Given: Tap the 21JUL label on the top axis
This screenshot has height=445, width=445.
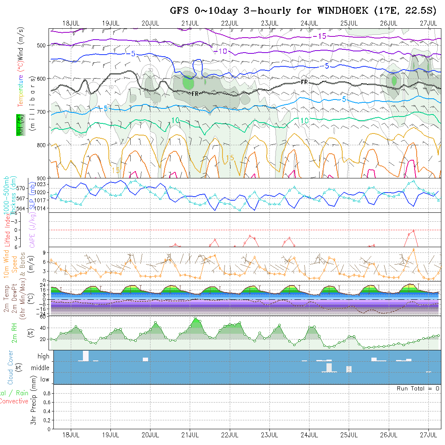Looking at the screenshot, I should (190, 23).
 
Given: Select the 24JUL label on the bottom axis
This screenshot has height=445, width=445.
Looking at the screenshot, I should (309, 435).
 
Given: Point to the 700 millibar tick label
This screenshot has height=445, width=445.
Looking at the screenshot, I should (42, 112).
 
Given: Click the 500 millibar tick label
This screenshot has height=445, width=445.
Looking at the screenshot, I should (42, 45).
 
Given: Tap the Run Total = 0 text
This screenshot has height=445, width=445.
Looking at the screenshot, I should (418, 388).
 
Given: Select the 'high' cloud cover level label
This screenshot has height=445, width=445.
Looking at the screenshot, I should (43, 356).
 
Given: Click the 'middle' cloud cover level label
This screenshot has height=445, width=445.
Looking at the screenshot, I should (40, 368).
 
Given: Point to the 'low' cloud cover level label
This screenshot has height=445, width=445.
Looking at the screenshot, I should (44, 379).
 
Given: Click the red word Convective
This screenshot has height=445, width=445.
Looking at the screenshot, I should (14, 401).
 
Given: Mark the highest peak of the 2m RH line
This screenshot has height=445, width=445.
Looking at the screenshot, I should (195, 318).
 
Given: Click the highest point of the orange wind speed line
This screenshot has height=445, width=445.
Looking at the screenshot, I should (413, 249).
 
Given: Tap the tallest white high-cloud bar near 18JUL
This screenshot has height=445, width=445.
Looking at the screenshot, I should (86, 356).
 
